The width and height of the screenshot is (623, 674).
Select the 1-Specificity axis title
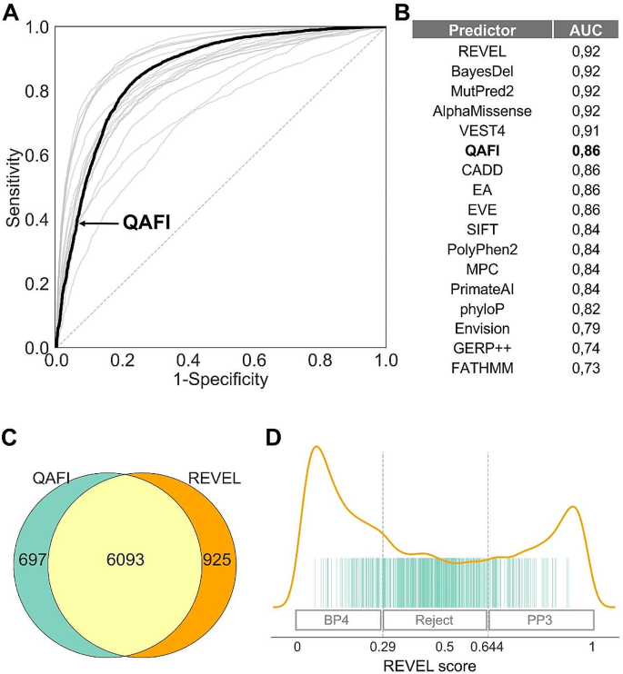pos(221,379)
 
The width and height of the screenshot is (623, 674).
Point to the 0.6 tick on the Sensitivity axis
pos(36,155)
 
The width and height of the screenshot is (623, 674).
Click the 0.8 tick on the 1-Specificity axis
pos(320,362)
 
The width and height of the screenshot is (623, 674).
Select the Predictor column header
pos(482,29)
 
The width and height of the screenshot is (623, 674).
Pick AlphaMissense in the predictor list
pos(482,111)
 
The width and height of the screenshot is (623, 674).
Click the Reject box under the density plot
pos(435,619)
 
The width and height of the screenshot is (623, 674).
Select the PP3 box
pos(541,619)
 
